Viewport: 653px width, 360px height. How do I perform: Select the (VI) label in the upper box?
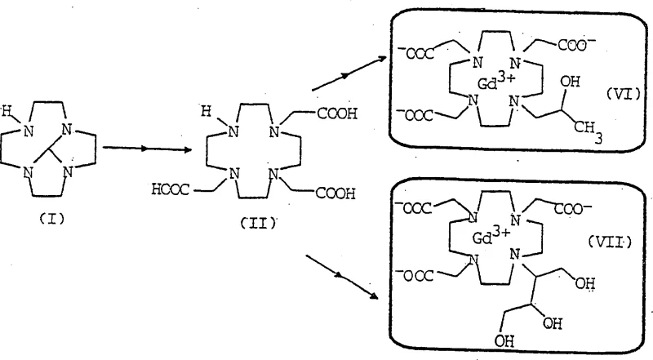tap(605, 95)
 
